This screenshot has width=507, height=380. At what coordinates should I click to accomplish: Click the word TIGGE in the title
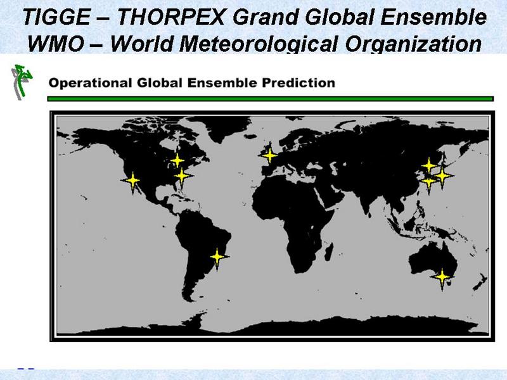(x=56, y=17)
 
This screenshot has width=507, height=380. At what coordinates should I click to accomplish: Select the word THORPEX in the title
(x=170, y=17)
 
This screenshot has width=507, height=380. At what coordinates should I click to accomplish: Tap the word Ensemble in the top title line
(x=433, y=17)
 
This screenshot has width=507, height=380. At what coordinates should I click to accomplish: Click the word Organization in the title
(x=414, y=44)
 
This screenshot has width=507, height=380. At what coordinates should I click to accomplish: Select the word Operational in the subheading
(x=90, y=83)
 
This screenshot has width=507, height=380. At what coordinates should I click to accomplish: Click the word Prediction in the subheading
(x=298, y=83)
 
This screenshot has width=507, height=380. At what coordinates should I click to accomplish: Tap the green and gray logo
(x=22, y=82)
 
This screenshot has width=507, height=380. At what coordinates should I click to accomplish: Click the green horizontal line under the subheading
(x=271, y=99)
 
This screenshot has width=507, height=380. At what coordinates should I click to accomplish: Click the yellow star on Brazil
(x=217, y=257)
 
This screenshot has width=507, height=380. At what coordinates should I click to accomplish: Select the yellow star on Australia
(x=442, y=277)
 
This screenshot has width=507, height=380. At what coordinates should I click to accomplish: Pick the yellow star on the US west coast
(x=132, y=181)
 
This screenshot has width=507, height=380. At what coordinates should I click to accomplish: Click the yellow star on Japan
(x=442, y=176)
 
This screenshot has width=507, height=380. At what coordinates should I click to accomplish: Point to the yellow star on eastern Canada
(x=177, y=160)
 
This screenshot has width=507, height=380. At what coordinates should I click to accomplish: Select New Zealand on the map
(x=480, y=282)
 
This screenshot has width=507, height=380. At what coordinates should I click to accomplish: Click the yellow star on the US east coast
(x=182, y=176)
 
